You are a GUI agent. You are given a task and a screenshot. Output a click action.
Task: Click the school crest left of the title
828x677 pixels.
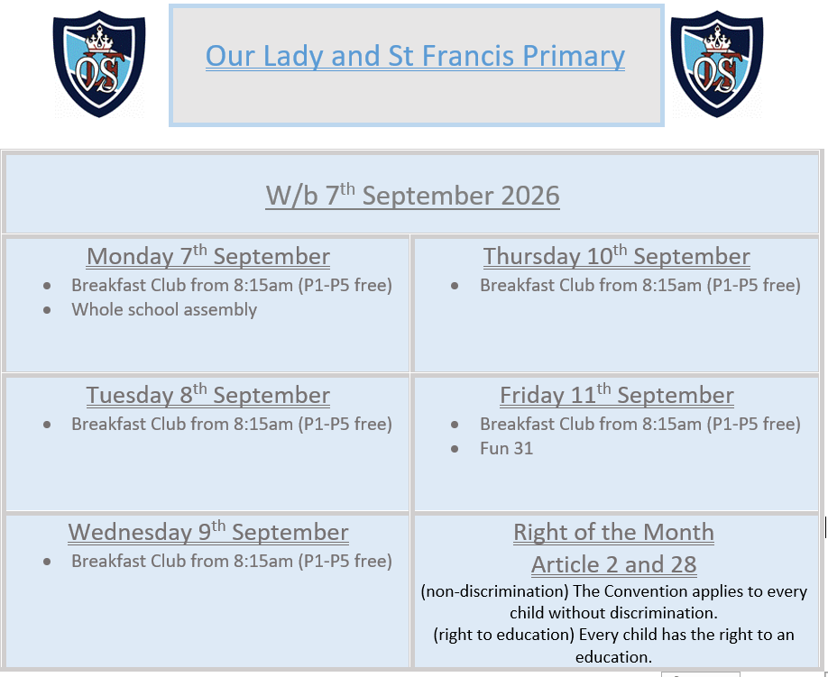[99, 64]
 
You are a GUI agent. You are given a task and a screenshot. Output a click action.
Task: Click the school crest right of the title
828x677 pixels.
[716, 64]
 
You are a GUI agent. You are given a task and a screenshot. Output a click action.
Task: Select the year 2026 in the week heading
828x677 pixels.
[530, 196]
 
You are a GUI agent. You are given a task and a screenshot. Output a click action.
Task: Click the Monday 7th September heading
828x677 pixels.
[208, 256]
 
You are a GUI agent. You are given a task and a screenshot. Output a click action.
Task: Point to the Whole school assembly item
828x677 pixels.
[164, 309]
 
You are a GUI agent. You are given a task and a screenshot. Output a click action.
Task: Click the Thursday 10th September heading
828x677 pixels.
[616, 256]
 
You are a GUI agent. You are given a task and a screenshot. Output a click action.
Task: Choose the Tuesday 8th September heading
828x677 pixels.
[208, 395]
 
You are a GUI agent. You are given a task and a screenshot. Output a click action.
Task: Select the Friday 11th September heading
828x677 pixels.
[616, 395]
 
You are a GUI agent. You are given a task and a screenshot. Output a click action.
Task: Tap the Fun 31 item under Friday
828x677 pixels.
[506, 448]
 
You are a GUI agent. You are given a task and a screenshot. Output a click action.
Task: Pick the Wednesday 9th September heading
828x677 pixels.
[208, 531]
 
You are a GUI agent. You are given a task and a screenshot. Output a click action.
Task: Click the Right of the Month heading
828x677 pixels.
[613, 532]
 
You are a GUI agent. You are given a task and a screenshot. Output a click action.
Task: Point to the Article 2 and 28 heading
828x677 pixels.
[613, 564]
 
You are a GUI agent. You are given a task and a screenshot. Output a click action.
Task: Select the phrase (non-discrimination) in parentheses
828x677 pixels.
[494, 591]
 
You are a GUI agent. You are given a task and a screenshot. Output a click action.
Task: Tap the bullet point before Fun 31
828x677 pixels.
[455, 449]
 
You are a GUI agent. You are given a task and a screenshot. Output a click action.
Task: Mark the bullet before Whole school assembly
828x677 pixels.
[47, 310]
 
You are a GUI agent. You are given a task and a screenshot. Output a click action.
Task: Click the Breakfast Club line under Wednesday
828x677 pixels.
[232, 561]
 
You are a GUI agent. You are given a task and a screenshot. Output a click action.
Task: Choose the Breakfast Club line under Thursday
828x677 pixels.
[640, 285]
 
